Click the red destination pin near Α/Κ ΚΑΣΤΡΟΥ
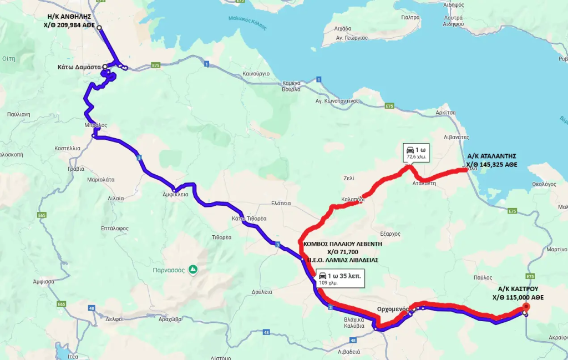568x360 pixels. tap(526, 307)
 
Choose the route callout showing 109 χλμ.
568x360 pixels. tap(339, 278)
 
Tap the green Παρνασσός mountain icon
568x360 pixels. tap(193, 270)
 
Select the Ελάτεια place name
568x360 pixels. tap(281, 204)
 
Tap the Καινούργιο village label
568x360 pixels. tap(256, 73)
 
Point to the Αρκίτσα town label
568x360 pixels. tap(445, 113)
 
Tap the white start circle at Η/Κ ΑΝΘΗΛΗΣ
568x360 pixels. tap(99, 27)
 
